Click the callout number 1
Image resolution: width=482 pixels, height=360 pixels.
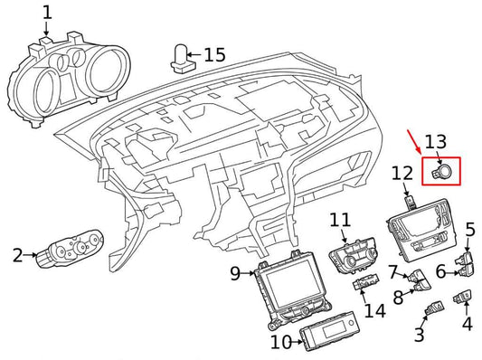(47, 14)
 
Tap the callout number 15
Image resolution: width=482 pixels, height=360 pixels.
(213, 55)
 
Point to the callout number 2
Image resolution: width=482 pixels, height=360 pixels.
(17, 256)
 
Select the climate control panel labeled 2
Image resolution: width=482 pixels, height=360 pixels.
(68, 251)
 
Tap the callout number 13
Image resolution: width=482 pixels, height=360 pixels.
(436, 141)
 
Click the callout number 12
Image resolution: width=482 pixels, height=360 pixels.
(402, 173)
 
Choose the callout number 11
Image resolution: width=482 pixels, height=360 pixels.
(339, 220)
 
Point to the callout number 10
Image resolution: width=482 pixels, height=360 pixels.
(281, 342)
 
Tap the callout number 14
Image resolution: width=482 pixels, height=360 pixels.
(373, 310)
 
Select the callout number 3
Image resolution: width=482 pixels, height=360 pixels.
(420, 336)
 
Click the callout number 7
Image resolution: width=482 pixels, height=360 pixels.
(392, 270)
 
